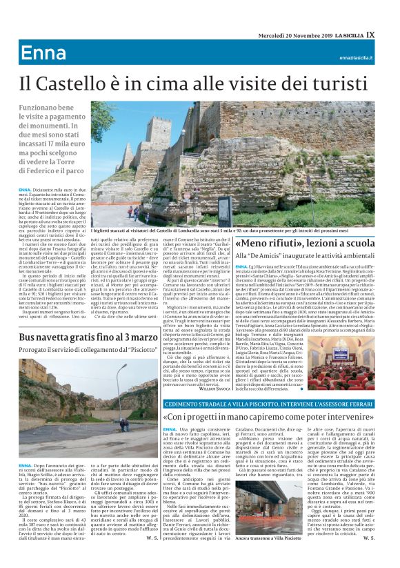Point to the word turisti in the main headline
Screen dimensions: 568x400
pyautogui.click(x=342, y=85)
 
